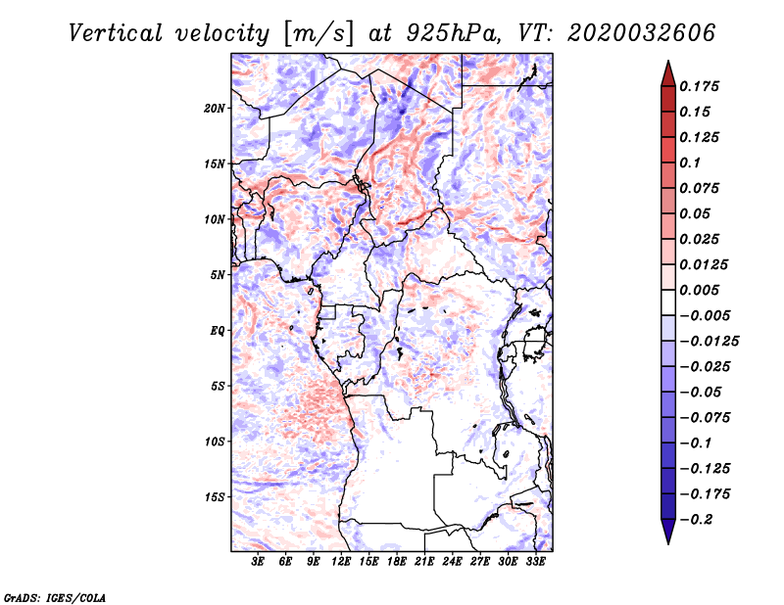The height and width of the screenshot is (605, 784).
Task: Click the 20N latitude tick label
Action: coord(215,108)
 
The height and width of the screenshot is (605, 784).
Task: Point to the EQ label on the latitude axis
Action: coord(218,331)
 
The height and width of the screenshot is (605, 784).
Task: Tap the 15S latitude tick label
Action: coord(215,497)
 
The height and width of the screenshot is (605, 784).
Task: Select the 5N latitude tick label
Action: coord(218,275)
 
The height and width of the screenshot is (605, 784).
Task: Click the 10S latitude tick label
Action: coord(215,442)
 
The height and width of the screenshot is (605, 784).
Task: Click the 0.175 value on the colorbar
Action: coord(701,86)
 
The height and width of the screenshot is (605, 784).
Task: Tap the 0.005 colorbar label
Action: coord(701,290)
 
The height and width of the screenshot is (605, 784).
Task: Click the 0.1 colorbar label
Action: coord(693,163)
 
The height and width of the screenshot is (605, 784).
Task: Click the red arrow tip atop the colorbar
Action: coord(667,70)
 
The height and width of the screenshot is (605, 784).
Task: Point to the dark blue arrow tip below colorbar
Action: coord(667,534)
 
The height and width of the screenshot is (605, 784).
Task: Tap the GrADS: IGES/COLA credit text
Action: coord(54,596)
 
